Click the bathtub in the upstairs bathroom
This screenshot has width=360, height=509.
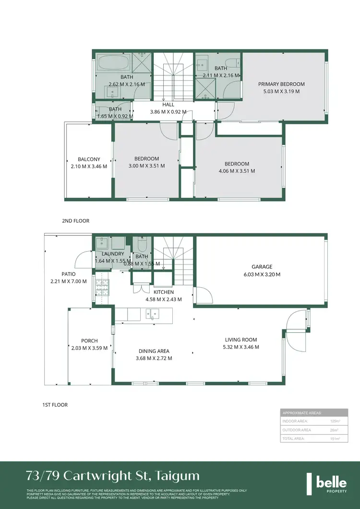pos(113,62)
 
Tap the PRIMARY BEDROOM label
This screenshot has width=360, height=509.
pos(281,84)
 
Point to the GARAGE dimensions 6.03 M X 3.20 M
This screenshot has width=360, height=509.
pos(262,275)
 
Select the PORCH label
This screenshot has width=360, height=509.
pos(89,341)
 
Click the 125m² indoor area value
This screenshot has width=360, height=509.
pos(335,421)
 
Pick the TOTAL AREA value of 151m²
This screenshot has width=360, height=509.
pos(335,439)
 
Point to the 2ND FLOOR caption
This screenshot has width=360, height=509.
pos(75,221)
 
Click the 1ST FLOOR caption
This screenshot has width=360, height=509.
pos(55,405)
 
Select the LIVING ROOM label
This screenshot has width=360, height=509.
pos(240,340)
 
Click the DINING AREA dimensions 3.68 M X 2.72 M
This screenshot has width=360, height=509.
pos(154,358)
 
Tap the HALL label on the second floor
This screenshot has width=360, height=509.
pos(168,104)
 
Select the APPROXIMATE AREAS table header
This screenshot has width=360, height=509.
pos(302,413)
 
